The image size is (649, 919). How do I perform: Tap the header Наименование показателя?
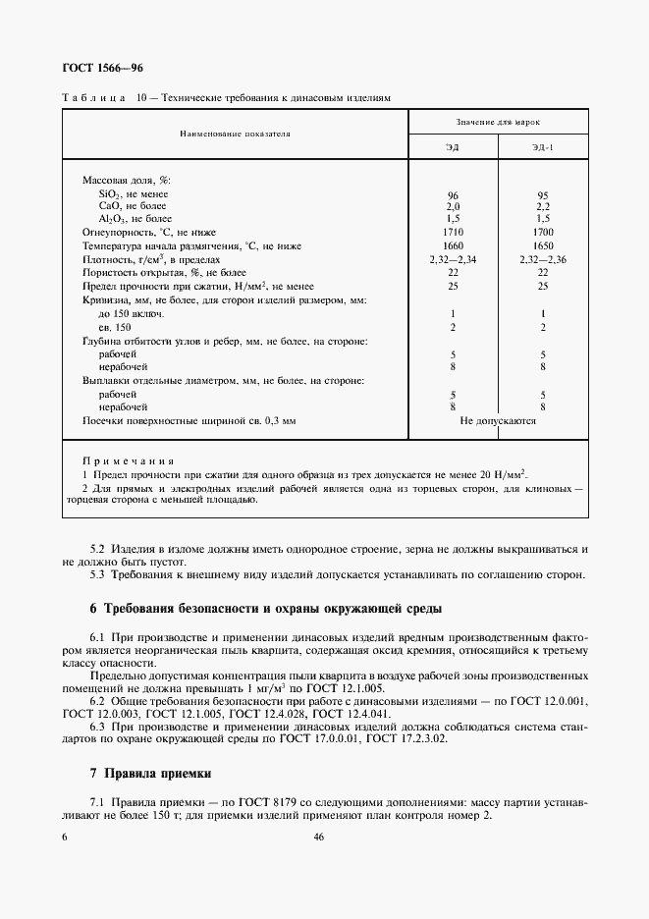[x=234, y=132]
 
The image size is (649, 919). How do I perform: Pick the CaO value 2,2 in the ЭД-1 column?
[x=542, y=207]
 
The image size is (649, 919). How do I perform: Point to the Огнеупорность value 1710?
[x=453, y=233]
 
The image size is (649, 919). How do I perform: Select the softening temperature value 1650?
[x=542, y=245]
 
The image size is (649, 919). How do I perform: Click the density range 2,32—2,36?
[x=542, y=258]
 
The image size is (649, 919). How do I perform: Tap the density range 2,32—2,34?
[x=453, y=258]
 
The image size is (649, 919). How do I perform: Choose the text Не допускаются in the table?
[x=498, y=419]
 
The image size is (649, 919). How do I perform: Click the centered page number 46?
[x=319, y=837]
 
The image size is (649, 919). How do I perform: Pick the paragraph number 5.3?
[x=97, y=573]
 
